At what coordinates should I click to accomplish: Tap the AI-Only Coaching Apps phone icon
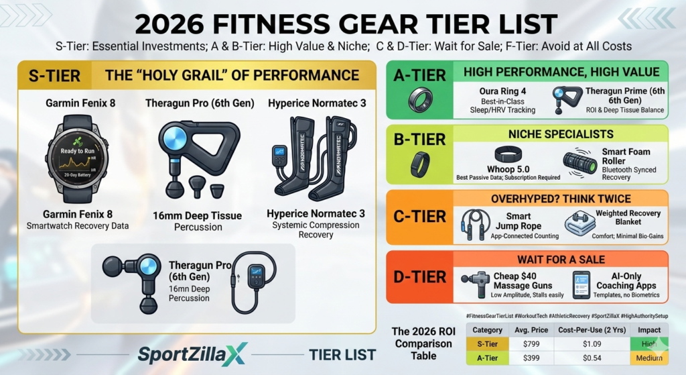point(581,284)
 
